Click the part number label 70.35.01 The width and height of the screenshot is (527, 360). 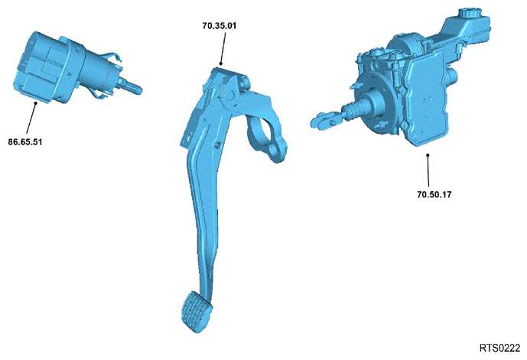tap(219, 25)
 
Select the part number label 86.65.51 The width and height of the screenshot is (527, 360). tap(25, 142)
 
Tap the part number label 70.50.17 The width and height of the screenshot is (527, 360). tap(434, 194)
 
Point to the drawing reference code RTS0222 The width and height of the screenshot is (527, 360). tap(499, 348)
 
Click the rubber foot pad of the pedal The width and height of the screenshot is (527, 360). tap(197, 311)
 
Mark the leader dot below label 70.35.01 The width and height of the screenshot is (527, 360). tap(221, 63)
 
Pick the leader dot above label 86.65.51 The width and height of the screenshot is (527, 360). tap(36, 103)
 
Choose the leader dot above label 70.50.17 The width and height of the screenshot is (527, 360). tap(428, 155)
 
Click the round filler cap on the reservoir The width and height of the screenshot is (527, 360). tap(467, 13)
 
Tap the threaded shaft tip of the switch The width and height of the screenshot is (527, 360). tap(134, 88)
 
